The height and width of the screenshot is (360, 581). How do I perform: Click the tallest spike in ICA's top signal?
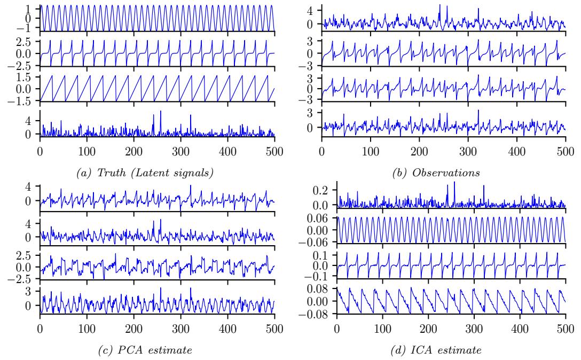click(x=454, y=182)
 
